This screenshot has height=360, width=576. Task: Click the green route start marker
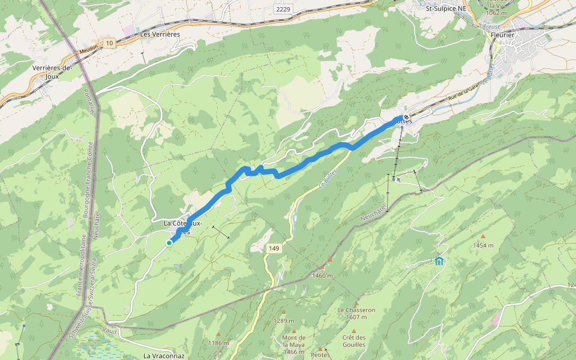tap(169, 242)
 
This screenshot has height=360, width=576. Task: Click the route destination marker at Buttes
tap(406, 117)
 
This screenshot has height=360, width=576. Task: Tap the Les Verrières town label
tap(160, 34)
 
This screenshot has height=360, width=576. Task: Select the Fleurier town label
tap(502, 35)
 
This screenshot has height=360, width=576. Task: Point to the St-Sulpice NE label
tap(446, 9)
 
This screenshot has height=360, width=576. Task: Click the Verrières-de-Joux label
tap(52, 72)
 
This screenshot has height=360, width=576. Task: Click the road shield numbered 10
tap(109, 43)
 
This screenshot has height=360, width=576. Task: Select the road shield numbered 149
tap(274, 248)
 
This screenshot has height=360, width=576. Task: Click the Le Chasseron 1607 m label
tap(356, 314)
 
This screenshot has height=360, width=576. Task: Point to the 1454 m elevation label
tap(482, 245)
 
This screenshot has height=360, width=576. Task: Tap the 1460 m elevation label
tap(322, 275)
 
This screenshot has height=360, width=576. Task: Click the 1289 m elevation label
tap(284, 320)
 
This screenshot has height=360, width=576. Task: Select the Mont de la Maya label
tap(293, 341)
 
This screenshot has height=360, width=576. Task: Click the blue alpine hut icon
tap(439, 261)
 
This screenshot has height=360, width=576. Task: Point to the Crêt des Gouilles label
tap(354, 341)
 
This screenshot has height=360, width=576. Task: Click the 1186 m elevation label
tap(218, 343)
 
